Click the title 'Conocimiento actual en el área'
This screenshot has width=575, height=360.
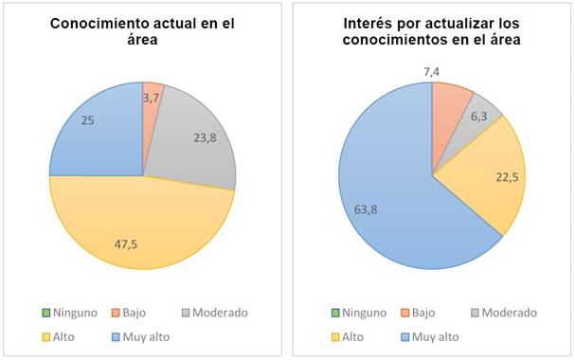click(x=142, y=32)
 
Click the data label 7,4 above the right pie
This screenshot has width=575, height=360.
click(x=432, y=72)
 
